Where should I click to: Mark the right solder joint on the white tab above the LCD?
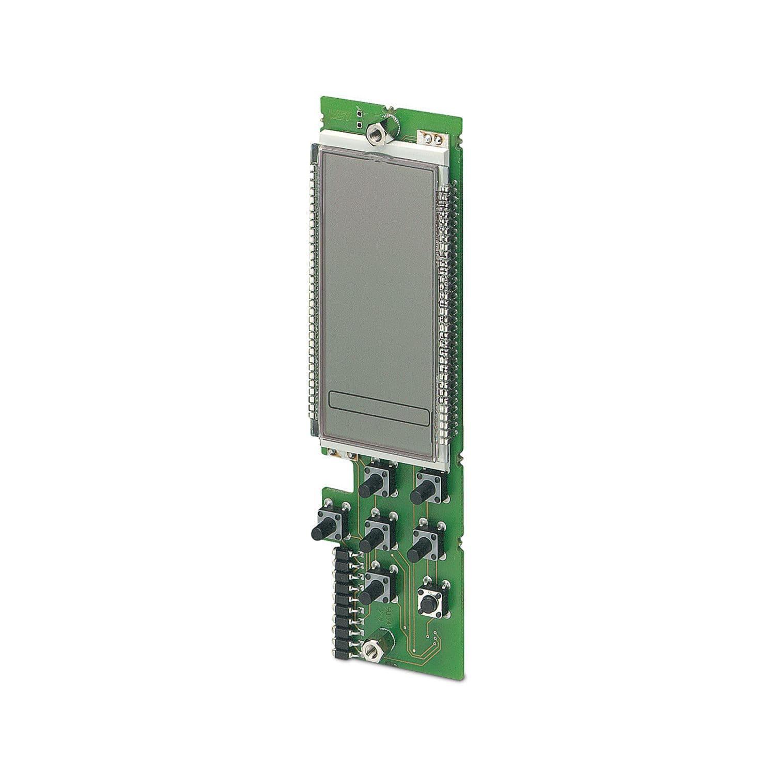click(x=437, y=139)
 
